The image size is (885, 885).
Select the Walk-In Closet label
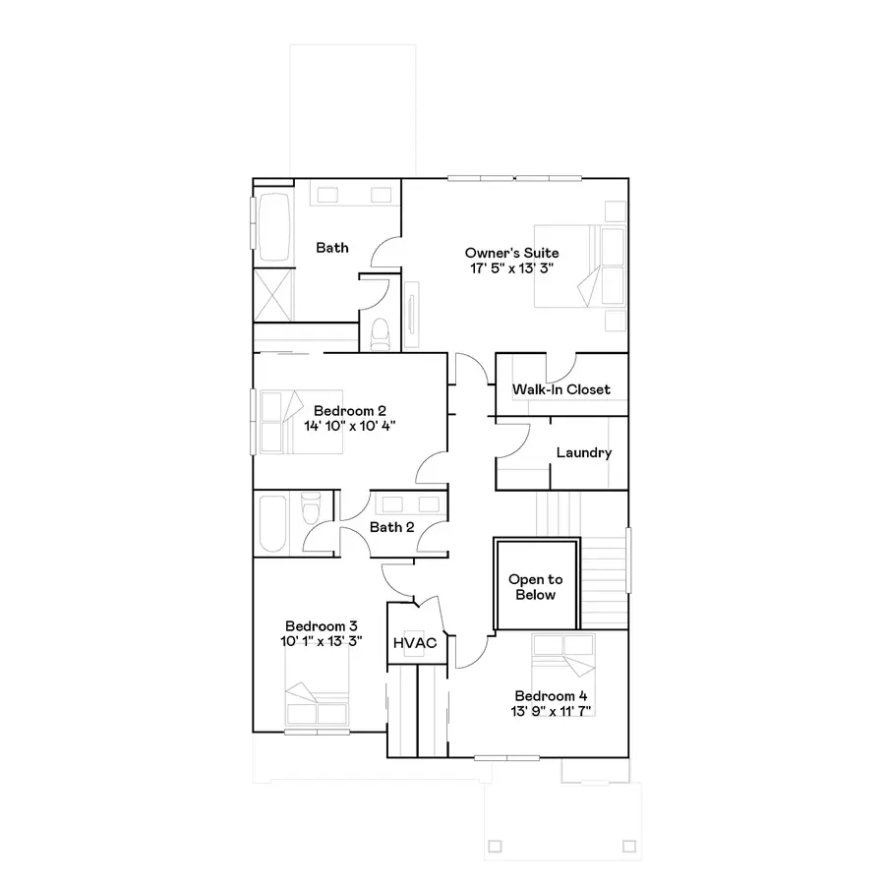coord(560,389)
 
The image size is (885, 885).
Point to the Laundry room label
coord(584,453)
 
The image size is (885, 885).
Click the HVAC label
coord(414,643)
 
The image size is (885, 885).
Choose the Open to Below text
coord(536,587)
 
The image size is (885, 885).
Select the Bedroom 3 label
coord(321,625)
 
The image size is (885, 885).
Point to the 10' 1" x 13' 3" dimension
coord(321,641)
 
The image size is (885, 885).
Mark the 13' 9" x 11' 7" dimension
coord(551,710)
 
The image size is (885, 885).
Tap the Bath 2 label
coord(391,527)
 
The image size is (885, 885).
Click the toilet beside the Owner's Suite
coord(380,331)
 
